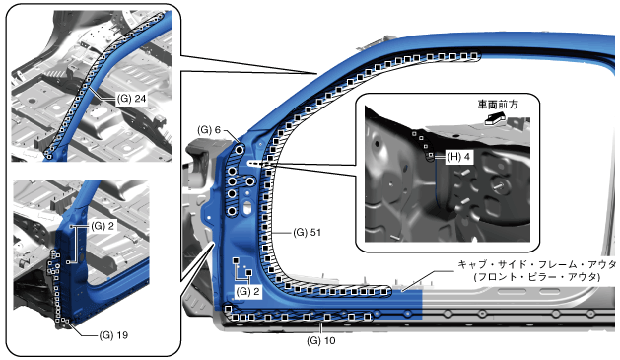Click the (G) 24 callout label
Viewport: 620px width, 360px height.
coord(132,98)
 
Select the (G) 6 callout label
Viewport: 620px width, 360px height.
coord(209,130)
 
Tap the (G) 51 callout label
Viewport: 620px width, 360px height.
coord(308,232)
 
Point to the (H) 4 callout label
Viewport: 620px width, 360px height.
coord(459,157)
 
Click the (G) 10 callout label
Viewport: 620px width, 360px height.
coord(321,340)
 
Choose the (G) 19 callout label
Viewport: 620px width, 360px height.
coord(113,335)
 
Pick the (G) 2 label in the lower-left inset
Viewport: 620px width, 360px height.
coord(103,226)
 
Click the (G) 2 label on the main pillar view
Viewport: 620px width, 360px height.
coord(248,292)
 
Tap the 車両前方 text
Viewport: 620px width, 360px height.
coord(498,105)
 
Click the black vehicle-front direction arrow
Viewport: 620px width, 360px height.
coord(495,118)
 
